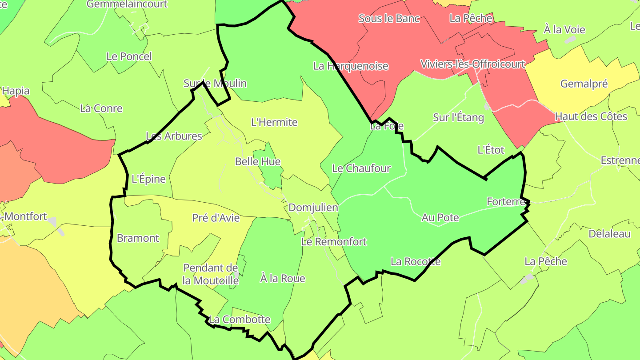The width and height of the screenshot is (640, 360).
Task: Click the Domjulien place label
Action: click(313, 208)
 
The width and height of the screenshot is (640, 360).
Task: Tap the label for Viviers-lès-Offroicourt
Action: click(473, 64)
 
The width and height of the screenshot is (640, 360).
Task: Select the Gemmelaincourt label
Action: click(127, 4)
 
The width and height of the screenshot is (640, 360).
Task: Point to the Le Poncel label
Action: click(129, 56)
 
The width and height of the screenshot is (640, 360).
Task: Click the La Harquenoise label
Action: click(351, 66)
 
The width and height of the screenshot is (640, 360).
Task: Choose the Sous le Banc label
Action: click(389, 19)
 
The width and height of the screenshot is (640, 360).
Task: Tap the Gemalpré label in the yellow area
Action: click(584, 84)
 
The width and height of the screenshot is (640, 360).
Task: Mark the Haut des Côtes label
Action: click(591, 116)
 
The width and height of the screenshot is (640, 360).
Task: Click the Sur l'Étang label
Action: click(458, 117)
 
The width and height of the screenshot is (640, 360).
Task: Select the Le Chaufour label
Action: click(361, 168)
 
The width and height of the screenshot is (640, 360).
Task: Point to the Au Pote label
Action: click(440, 218)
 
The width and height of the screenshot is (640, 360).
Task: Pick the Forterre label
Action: click(506, 201)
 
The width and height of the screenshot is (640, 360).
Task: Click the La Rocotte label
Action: click(416, 261)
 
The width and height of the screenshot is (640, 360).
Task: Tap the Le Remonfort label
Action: click(334, 242)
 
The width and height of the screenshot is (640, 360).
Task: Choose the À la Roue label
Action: click(283, 279)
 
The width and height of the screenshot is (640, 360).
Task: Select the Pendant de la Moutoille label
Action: click(211, 274)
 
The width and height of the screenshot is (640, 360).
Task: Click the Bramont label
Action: click(138, 238)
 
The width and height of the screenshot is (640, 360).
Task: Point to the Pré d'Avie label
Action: click(216, 218)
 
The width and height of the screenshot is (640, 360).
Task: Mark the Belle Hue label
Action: click(258, 161)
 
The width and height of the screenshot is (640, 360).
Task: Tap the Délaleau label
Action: click(609, 234)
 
